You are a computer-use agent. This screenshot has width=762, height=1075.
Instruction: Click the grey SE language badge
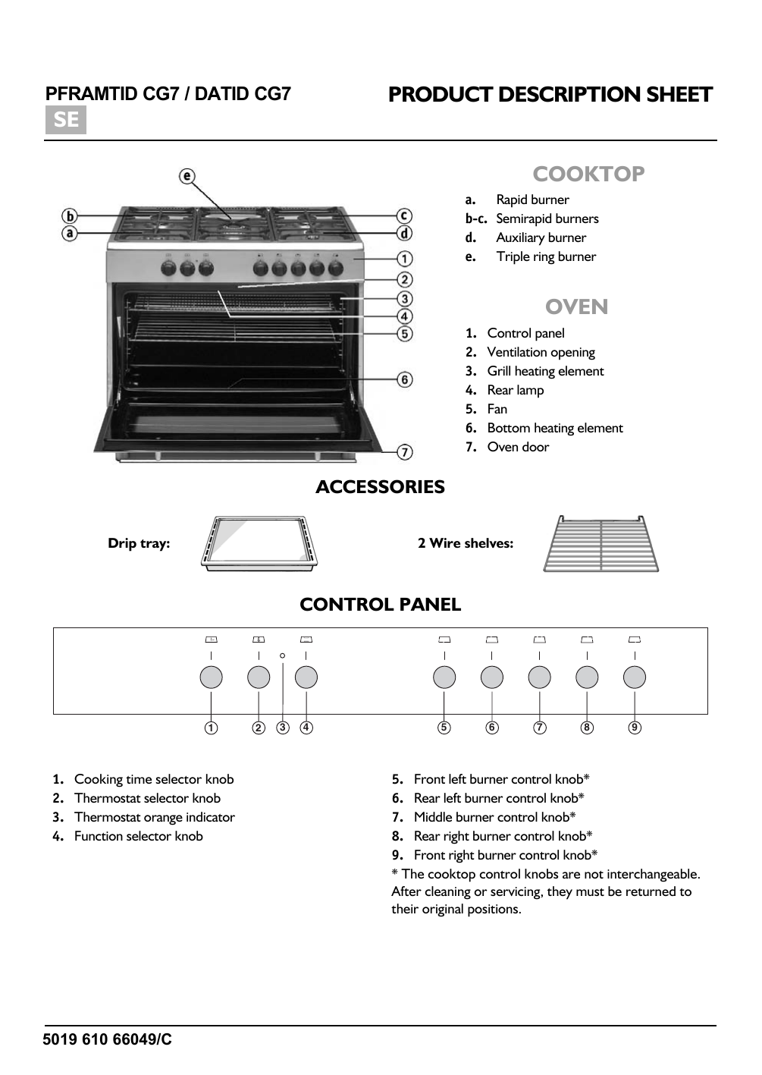(66, 120)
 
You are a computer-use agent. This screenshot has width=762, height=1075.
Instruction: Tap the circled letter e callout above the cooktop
(187, 176)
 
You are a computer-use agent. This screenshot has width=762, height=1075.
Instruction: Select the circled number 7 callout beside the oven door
(405, 452)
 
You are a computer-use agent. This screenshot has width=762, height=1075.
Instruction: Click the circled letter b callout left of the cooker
(70, 216)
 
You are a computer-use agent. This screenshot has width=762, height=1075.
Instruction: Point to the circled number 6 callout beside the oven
(405, 379)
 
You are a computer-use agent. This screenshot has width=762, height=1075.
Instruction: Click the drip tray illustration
(259, 543)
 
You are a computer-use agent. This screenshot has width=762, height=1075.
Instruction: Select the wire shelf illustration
(601, 544)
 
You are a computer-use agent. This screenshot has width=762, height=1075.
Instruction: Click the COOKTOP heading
(588, 174)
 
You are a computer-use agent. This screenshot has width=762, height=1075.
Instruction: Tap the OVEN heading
(576, 306)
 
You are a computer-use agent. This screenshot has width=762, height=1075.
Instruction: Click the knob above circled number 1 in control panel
(211, 677)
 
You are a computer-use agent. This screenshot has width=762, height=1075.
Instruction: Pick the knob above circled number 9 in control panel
(635, 677)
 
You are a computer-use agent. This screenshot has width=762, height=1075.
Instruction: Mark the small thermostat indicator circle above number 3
(282, 655)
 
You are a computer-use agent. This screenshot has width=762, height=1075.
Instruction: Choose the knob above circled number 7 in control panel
(539, 677)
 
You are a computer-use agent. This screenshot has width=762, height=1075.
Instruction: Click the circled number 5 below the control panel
(444, 728)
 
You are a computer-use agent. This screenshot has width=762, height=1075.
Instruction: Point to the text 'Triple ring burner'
(546, 256)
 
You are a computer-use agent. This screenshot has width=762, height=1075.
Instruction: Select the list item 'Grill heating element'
(545, 371)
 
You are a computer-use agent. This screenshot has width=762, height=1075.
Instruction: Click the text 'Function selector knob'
(138, 836)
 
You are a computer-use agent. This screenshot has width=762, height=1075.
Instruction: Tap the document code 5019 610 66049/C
(108, 1039)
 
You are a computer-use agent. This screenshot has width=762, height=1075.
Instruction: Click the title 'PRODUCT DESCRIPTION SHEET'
(550, 95)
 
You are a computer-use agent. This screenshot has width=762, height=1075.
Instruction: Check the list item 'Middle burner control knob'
(494, 817)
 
